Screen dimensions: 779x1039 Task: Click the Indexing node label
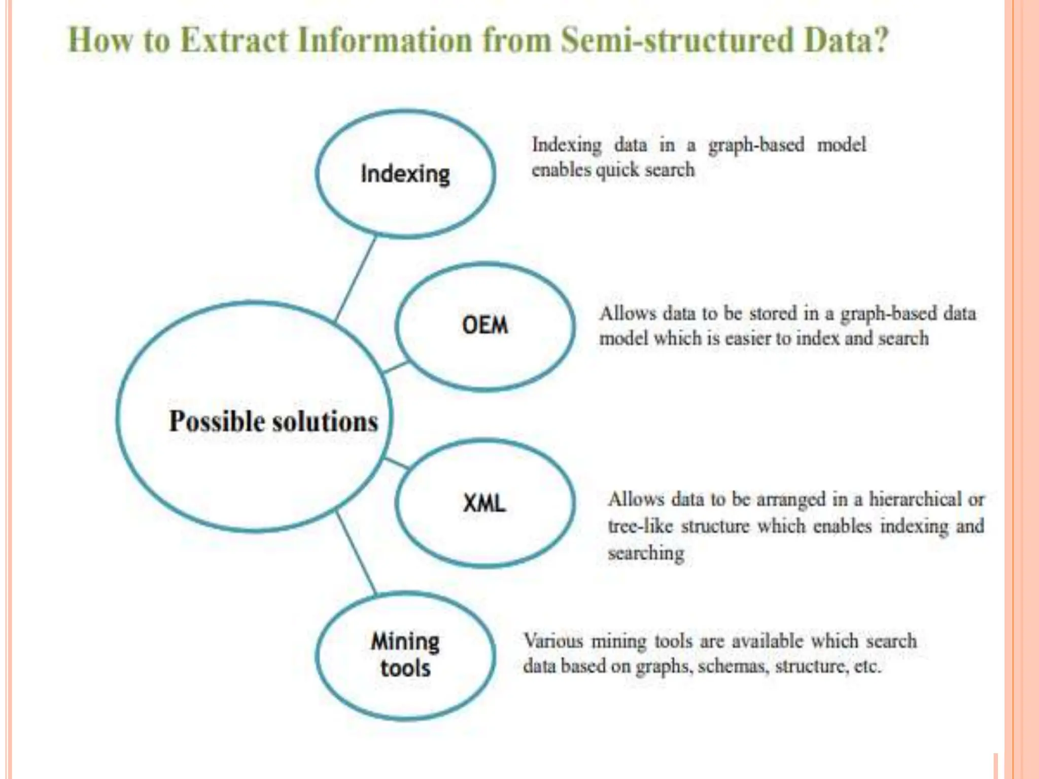405,174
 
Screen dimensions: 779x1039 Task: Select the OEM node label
484,325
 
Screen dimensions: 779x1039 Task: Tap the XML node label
484,503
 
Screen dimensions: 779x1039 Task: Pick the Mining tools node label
405,654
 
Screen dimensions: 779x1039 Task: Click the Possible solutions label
273,421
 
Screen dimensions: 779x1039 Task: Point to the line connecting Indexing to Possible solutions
356,279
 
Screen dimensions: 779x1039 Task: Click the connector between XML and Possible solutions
397,463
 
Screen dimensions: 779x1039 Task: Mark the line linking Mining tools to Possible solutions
356,553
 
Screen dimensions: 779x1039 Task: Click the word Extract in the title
234,40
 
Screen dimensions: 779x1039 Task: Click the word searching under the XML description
646,553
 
